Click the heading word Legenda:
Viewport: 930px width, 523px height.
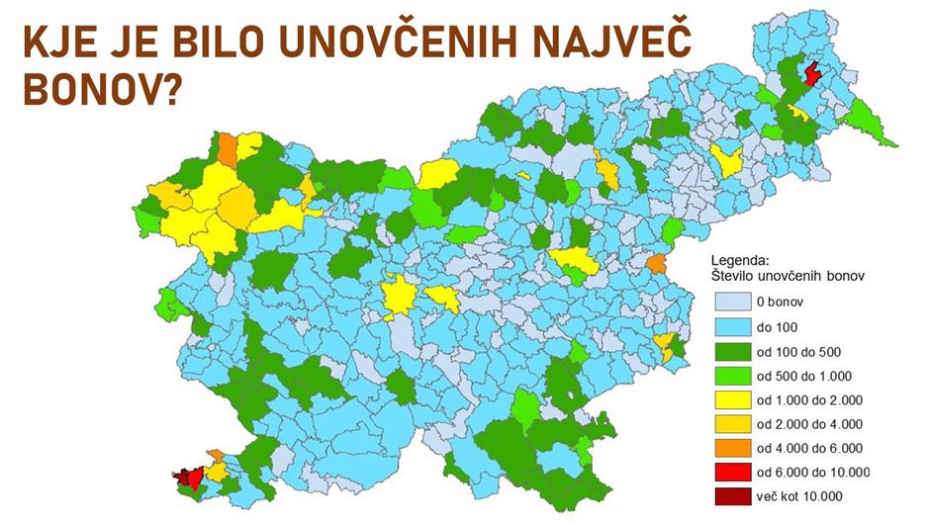click(x=739, y=260)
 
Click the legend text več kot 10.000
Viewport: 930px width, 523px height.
click(x=801, y=495)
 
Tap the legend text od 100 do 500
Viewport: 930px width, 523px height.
click(x=798, y=351)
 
